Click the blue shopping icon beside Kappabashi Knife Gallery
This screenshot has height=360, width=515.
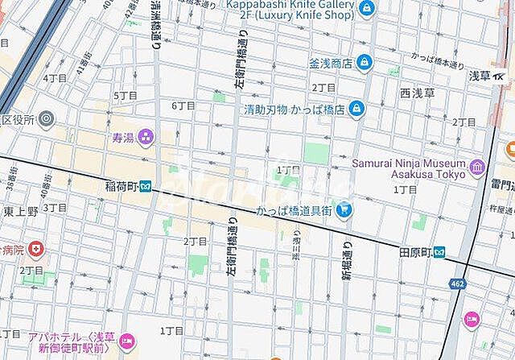[367, 10]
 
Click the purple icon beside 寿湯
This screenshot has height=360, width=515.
[146, 138]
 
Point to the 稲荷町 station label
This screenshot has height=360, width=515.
[122, 186]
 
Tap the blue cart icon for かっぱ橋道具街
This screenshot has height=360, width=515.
[344, 212]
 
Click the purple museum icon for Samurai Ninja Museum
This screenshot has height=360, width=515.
[479, 168]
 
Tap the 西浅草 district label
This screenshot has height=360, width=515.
[416, 93]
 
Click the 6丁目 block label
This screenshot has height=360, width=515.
[183, 106]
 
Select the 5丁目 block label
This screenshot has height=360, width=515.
[125, 96]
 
